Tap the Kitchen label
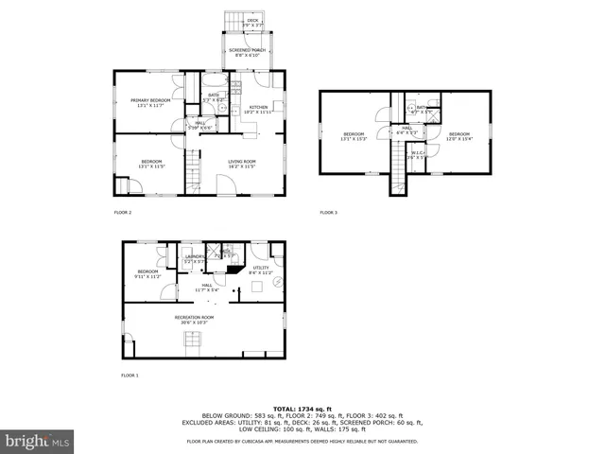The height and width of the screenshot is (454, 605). (x=258, y=110)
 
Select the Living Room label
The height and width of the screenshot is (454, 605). (x=242, y=164)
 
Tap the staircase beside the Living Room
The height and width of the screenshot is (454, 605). (x=193, y=172)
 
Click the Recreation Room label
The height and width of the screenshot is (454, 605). (x=194, y=320)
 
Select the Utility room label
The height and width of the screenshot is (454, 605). (x=262, y=271)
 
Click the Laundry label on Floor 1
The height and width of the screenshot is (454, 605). (x=195, y=258)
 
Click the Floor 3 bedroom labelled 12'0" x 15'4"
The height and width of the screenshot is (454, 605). (x=459, y=136)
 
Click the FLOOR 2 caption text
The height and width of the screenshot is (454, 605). (x=123, y=212)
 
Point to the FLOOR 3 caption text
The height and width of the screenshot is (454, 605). (x=328, y=212)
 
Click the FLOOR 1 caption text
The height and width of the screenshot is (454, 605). (x=130, y=375)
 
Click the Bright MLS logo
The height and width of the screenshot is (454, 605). (x=38, y=441)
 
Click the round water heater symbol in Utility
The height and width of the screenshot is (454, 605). (x=276, y=282)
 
